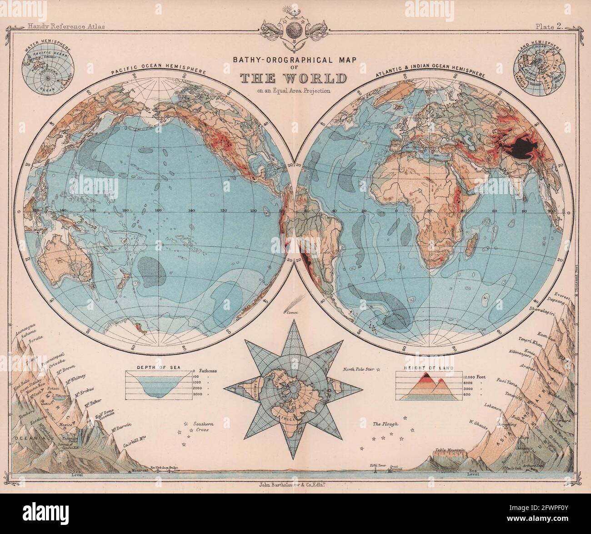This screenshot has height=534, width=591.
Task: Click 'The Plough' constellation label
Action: point(385,424)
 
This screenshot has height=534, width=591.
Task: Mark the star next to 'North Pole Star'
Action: point(379,370)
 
